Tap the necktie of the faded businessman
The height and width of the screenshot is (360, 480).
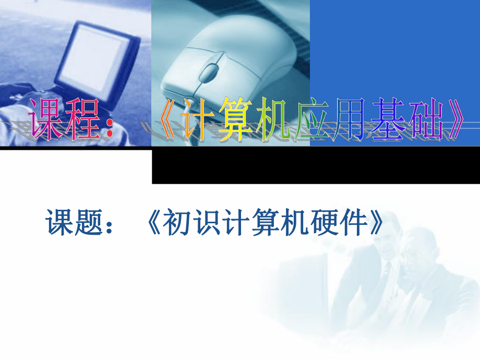(387, 271)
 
